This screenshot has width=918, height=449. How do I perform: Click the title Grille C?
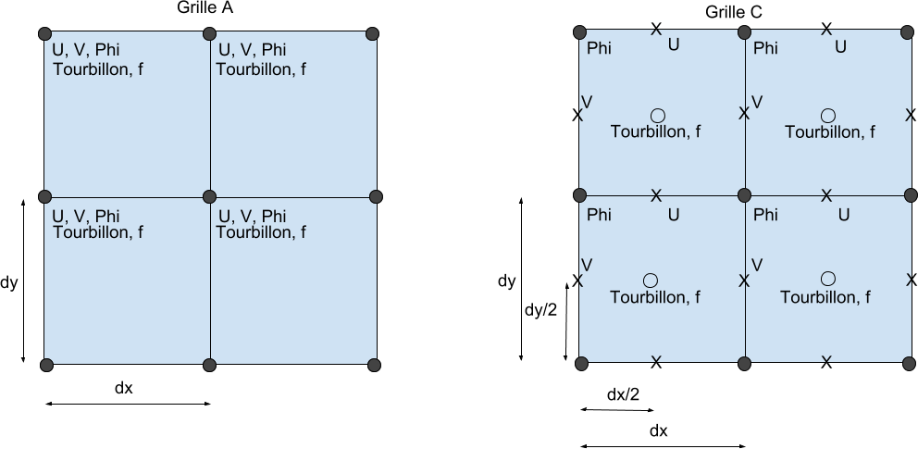coord(734,11)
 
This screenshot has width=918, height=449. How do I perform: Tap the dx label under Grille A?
coord(124,388)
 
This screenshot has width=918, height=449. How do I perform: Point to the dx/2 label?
coord(623,395)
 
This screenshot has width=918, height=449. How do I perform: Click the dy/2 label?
coord(540,310)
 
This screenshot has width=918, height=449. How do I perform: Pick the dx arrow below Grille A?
coord(128,404)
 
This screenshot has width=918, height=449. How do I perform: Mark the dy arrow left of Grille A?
coord(23,279)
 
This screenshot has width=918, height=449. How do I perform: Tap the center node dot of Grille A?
coord(210,196)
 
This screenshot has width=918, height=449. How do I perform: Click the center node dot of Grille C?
coord(744,195)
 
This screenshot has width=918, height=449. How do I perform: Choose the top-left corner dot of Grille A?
coord(43,34)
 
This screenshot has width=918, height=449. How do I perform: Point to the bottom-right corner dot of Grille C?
coord(910,362)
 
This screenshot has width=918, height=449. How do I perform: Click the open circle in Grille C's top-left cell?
coord(657,116)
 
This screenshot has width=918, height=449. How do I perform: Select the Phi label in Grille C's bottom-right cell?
coord(765,215)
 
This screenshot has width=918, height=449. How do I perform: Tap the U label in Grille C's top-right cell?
coord(840,45)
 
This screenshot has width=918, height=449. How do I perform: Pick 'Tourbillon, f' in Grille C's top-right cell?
coord(829,131)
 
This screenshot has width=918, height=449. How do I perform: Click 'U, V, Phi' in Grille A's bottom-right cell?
coord(252,216)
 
